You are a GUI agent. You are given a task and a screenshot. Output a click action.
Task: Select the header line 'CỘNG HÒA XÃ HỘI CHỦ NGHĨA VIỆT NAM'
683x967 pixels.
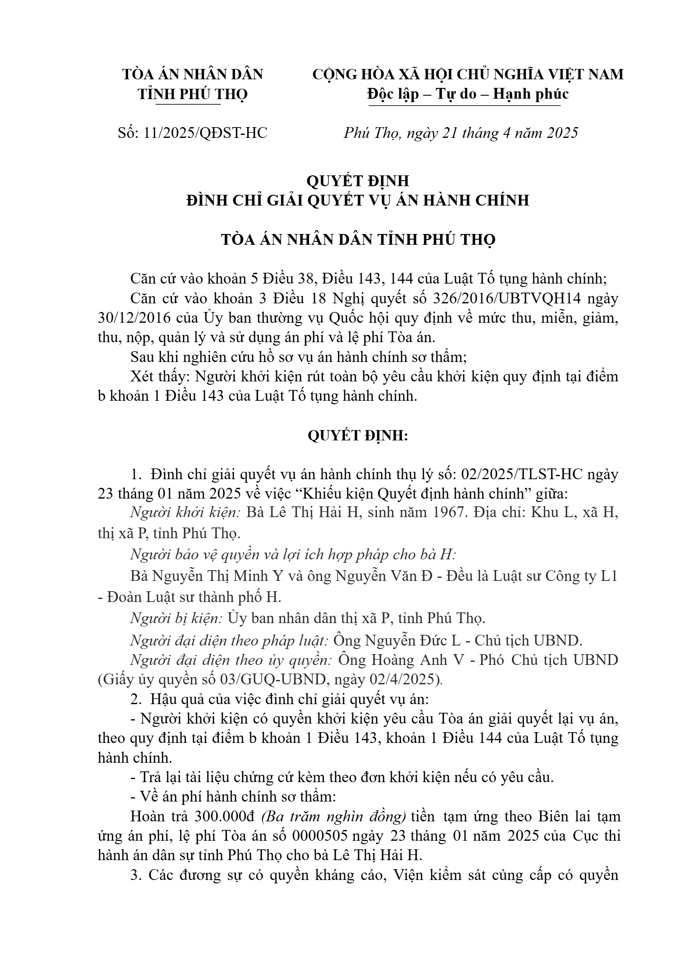468,75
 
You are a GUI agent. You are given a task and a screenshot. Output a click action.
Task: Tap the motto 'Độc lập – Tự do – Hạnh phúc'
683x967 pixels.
468,94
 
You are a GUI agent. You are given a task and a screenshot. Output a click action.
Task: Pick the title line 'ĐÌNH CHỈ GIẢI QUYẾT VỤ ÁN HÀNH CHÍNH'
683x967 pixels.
358,200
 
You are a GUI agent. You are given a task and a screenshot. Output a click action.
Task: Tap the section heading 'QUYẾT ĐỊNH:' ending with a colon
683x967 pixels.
358,436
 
